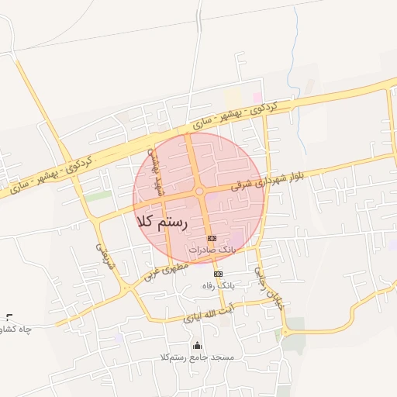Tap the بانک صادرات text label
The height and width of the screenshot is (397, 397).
pos(211,250)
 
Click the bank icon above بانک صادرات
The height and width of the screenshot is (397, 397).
pos(211,238)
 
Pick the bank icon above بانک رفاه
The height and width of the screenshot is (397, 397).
pos(218,274)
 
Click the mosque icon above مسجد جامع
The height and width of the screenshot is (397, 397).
pos(196,346)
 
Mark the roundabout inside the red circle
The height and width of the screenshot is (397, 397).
pos(199,191)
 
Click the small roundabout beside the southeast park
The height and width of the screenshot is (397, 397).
pos(285,332)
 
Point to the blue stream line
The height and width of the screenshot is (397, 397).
pos(294,70)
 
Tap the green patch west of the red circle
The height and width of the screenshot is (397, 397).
pos(98,196)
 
